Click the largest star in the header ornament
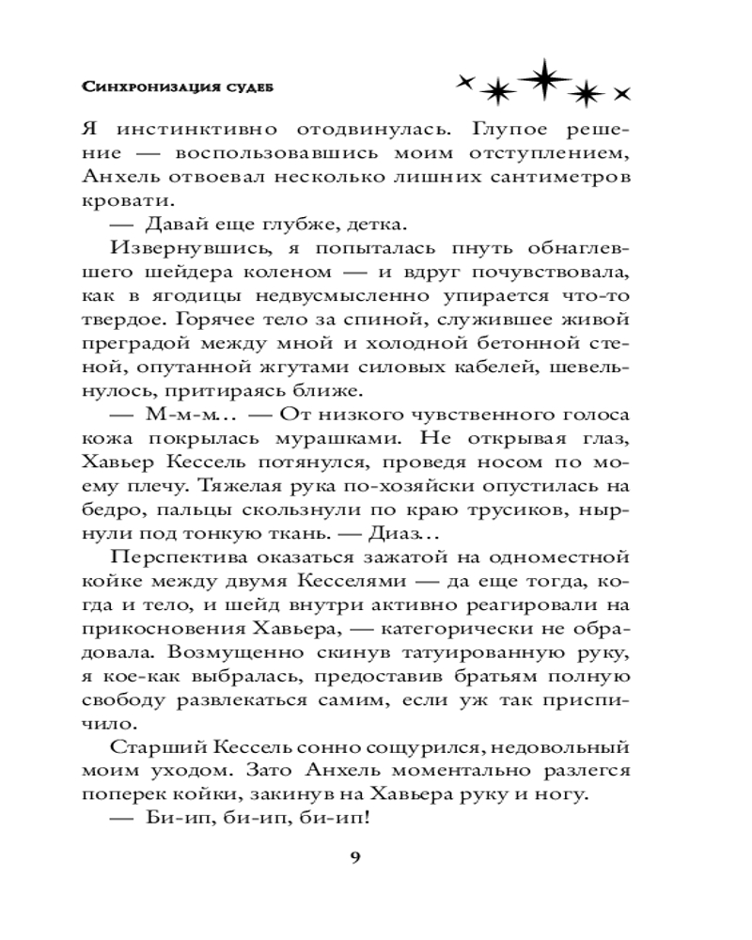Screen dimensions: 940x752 point(541,81)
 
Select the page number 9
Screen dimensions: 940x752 point(354,854)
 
